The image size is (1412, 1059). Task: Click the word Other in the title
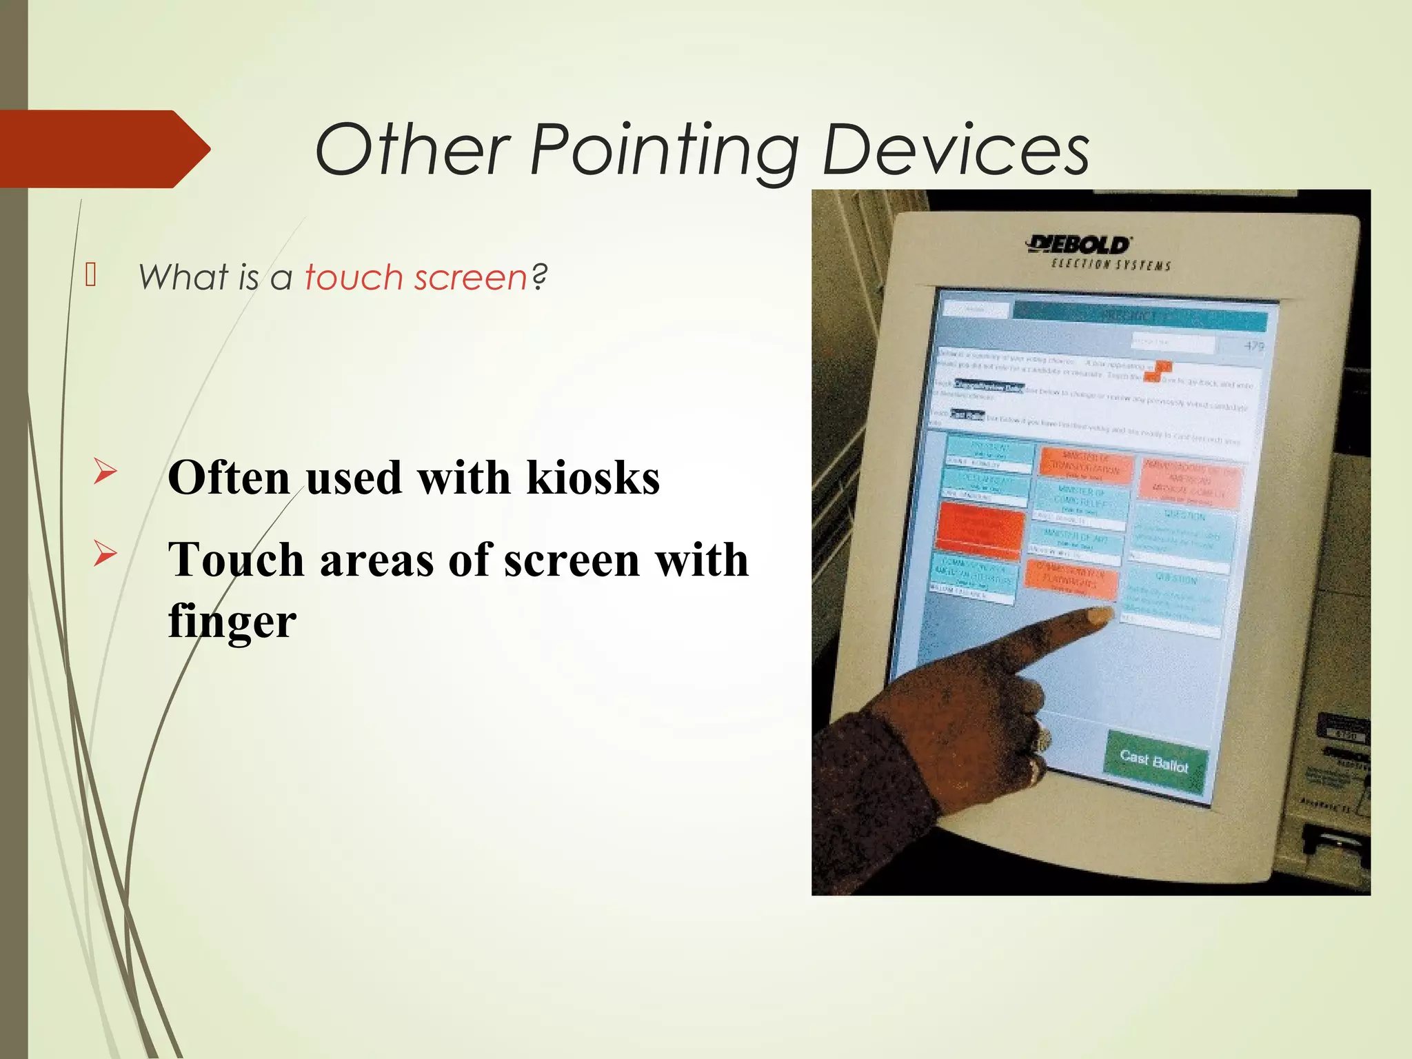click(x=412, y=150)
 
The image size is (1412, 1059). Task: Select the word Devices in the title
click(x=956, y=150)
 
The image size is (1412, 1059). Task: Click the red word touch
click(x=354, y=277)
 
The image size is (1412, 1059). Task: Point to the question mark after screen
click(x=540, y=277)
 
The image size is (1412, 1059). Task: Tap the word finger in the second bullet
click(x=232, y=621)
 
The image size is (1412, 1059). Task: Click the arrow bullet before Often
click(x=105, y=472)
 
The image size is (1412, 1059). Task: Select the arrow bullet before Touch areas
click(x=105, y=554)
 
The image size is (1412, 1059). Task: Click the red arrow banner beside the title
click(x=103, y=149)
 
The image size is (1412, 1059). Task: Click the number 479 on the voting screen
click(x=1253, y=345)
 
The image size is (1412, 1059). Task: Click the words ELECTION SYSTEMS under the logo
click(x=1110, y=265)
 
